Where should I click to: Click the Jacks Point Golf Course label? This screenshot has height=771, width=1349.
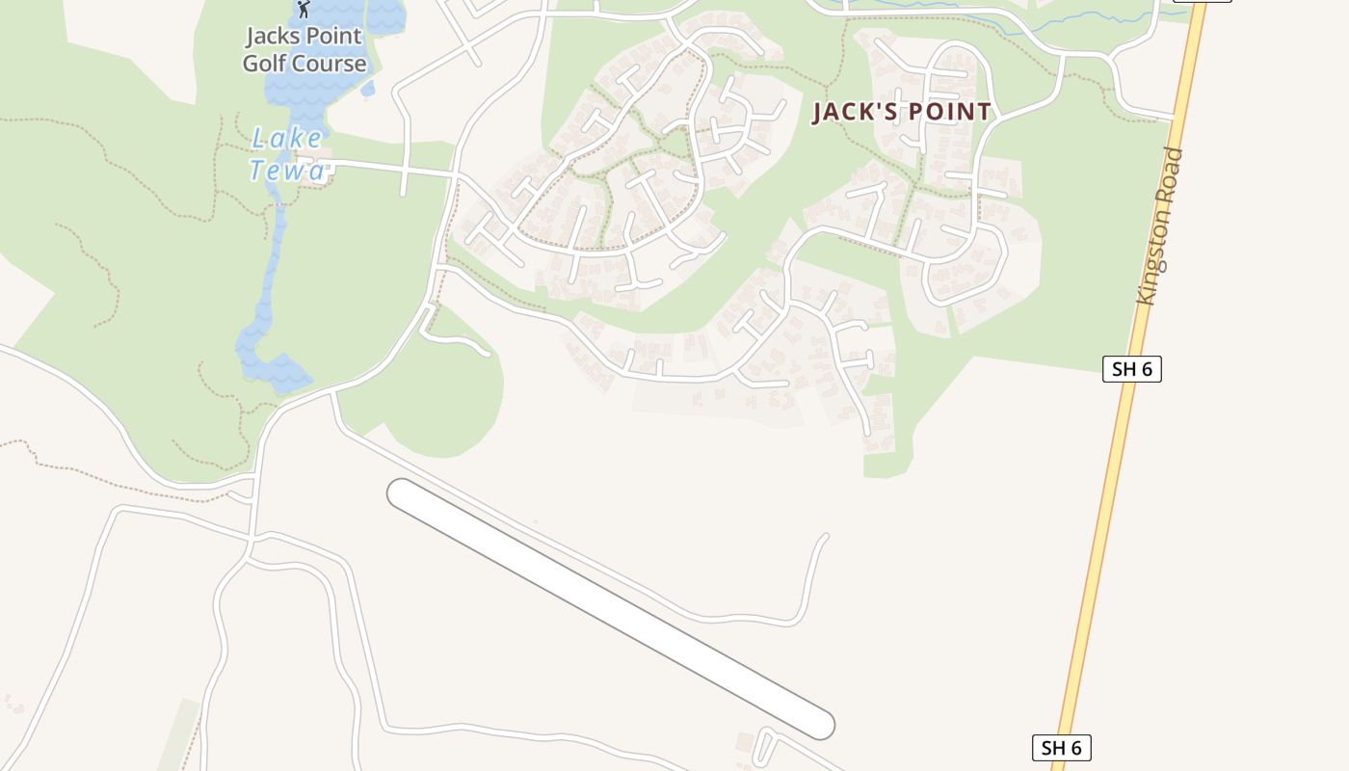(x=304, y=50)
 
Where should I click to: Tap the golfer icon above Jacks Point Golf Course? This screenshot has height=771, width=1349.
(x=304, y=9)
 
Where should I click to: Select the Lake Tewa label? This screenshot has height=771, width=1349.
(x=287, y=154)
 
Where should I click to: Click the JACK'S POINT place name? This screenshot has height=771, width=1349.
(x=902, y=112)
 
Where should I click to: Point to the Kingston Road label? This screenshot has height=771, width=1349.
(x=1159, y=226)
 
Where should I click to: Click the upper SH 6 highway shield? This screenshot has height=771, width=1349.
(x=1132, y=368)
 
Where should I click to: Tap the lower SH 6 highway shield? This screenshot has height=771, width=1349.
(x=1062, y=747)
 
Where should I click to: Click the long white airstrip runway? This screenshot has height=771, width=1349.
(x=610, y=608)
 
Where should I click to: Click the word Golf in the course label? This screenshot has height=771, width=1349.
(x=265, y=65)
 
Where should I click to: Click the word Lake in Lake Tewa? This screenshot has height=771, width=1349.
(x=286, y=138)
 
